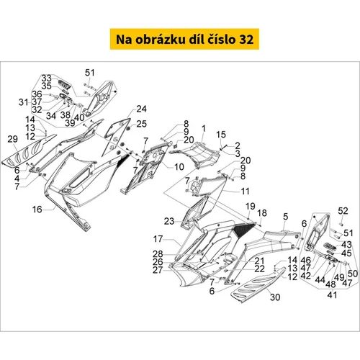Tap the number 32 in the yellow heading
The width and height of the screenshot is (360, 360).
[246, 40]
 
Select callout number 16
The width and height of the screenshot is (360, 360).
[37, 210]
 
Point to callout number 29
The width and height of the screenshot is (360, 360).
[12, 139]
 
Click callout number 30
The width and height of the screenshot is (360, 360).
[275, 297]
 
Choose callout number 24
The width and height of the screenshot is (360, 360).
[141, 109]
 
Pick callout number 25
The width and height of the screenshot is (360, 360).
[141, 124]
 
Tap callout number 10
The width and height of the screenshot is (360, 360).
[179, 167]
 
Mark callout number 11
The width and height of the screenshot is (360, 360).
[245, 192]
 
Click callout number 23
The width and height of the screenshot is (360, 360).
[169, 221]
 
